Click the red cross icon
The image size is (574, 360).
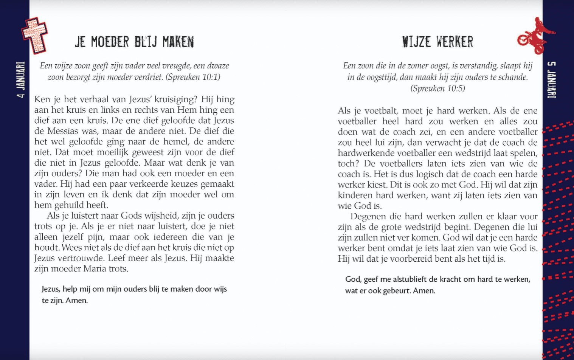(x=34, y=35)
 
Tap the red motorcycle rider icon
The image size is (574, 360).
(x=534, y=36)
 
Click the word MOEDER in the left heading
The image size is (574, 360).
(x=110, y=42)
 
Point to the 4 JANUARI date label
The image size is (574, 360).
(x=21, y=80)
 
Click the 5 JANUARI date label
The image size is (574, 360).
(x=552, y=80)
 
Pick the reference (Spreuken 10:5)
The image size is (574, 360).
(x=437, y=88)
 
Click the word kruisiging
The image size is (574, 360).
(x=175, y=99)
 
